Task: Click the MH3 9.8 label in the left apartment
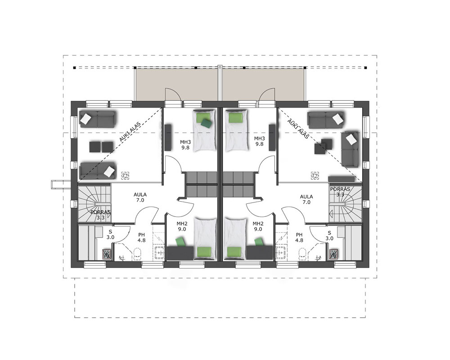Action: coord(185,145)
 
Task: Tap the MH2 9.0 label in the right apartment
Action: coord(258,226)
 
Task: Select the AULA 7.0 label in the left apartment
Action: coord(140,197)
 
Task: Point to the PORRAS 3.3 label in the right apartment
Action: coord(340,192)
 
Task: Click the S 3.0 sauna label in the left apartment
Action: coord(110,234)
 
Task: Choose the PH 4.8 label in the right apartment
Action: coord(299,238)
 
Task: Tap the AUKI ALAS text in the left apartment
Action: coord(130,132)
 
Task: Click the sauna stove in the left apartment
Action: coord(107,254)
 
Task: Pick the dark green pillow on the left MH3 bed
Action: coord(207,123)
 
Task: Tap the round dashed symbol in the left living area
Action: coord(126,175)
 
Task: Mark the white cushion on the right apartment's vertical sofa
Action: coord(352,140)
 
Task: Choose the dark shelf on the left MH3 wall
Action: coord(168,137)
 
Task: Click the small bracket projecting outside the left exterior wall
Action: coord(61,184)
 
